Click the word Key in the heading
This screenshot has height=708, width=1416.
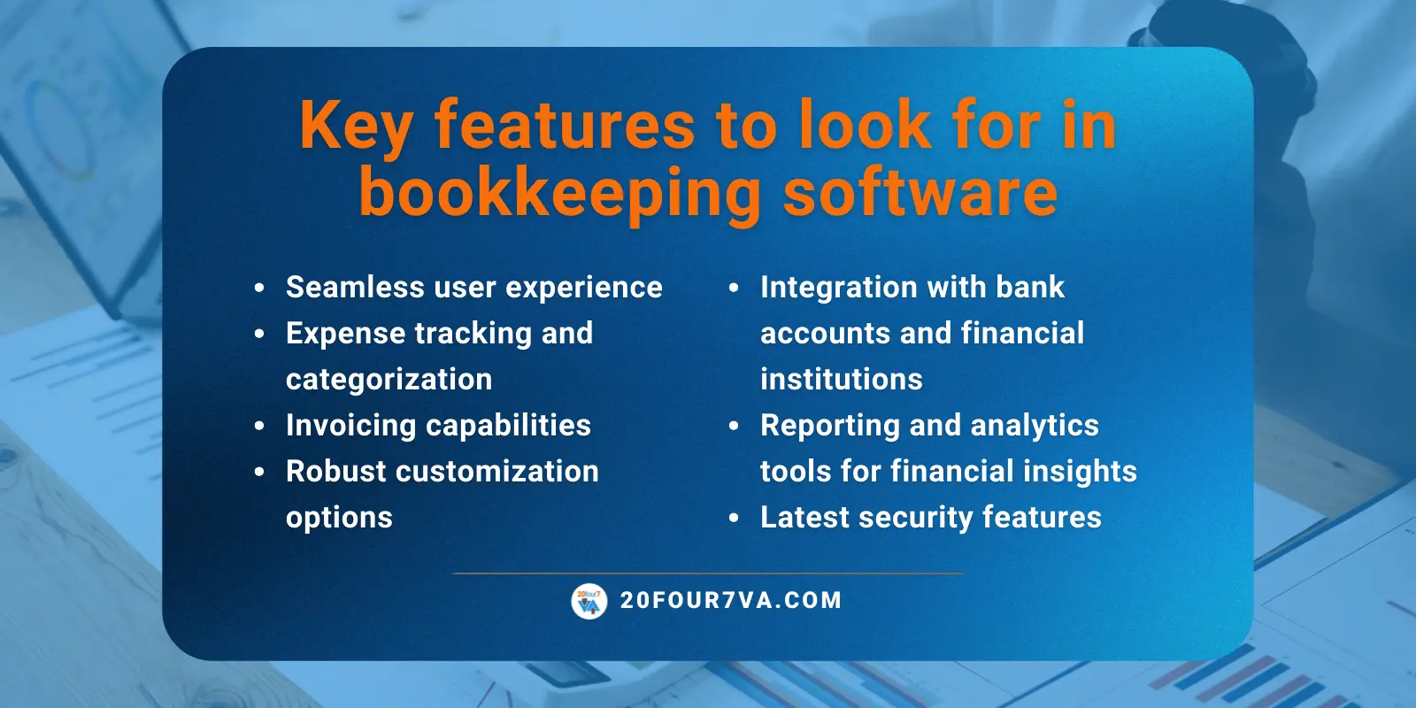coord(356,127)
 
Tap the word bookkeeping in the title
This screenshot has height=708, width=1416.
coord(559,194)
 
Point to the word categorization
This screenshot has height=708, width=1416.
coord(389,380)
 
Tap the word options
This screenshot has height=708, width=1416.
coord(339,518)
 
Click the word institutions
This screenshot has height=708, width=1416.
coord(841,380)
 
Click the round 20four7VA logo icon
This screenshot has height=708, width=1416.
coord(589,602)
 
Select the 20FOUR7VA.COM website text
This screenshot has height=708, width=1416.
coord(731,601)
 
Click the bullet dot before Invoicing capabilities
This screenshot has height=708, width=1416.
coord(259,426)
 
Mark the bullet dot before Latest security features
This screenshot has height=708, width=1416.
coord(734,518)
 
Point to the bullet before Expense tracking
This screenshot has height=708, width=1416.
coord(259,334)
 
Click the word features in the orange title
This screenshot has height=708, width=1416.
coord(565,127)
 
